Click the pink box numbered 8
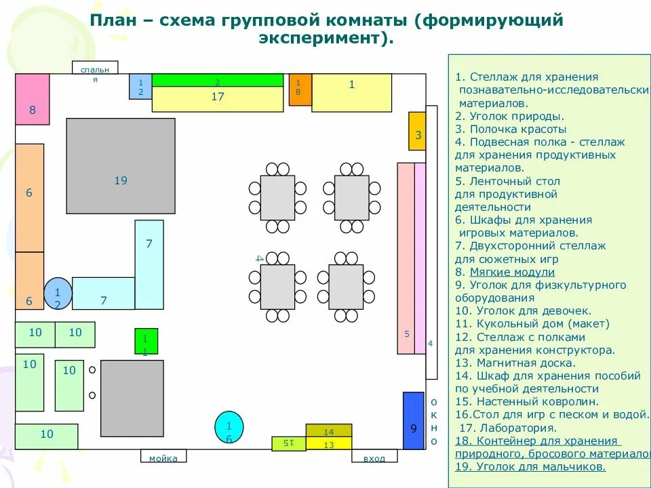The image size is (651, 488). click(33, 100)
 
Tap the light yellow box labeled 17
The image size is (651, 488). click(217, 99)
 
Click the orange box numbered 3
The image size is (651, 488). click(417, 131)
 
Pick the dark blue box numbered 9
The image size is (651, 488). click(413, 420)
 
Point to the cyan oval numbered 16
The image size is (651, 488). click(229, 427)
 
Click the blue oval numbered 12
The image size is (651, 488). click(58, 293)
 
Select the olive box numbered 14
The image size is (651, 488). click(329, 430)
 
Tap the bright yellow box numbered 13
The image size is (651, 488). click(329, 444)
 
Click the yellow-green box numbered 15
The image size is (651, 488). click(288, 443)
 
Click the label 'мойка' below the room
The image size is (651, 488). click(163, 457)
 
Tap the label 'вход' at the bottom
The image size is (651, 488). click(374, 457)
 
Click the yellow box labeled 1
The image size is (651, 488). click(351, 93)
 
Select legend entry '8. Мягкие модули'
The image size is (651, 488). click(505, 272)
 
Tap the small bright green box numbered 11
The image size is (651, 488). click(145, 341)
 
